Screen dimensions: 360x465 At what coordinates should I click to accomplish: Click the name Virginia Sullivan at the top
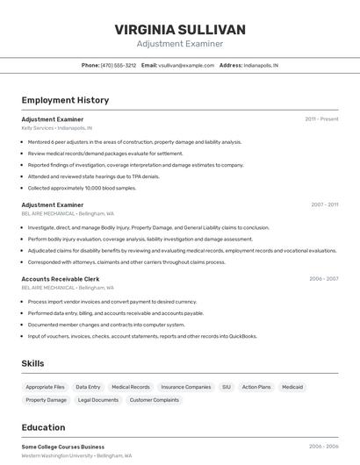[180, 30]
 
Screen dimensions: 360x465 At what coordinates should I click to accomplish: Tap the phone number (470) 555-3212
[118, 65]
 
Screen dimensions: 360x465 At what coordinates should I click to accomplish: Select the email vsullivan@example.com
[186, 65]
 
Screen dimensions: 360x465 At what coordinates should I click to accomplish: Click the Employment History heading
[65, 100]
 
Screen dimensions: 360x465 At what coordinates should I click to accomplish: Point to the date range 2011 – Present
[321, 119]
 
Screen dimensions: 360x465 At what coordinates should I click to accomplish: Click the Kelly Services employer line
[56, 128]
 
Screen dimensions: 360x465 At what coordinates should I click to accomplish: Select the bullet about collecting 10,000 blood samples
[82, 188]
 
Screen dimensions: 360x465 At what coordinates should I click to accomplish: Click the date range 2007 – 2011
[324, 204]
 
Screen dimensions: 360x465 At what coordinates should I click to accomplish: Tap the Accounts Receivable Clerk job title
[61, 279]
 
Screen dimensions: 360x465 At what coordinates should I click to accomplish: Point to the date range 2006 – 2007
[323, 279]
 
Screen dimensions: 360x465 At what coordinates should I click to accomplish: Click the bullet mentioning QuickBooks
[142, 336]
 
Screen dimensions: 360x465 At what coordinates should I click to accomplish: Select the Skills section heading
[32, 363]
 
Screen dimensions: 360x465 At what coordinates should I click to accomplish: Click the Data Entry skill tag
[88, 387]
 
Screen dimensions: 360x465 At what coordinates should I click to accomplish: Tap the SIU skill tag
[226, 387]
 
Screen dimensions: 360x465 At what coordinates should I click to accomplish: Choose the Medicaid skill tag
[292, 387]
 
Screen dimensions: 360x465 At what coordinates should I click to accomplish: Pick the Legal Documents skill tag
[98, 400]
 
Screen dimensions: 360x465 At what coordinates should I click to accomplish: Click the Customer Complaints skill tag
[155, 400]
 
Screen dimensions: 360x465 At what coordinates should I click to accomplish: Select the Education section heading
[43, 428]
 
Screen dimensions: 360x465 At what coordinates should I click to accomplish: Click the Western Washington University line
[76, 456]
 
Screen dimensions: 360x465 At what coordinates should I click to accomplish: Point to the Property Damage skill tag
[47, 400]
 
